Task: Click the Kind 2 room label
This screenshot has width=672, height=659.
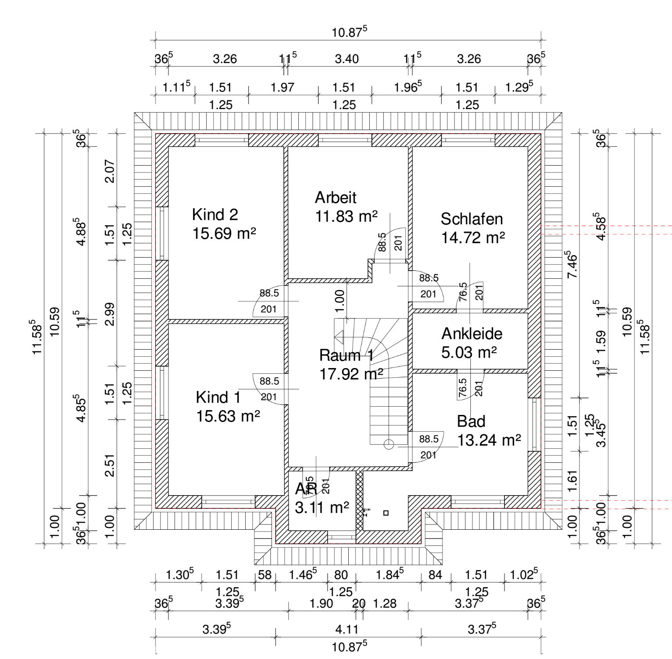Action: (x=215, y=215)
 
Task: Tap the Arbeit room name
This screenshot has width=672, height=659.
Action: (x=336, y=198)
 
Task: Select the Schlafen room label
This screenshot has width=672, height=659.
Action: (x=472, y=219)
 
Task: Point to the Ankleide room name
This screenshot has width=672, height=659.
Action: (x=472, y=334)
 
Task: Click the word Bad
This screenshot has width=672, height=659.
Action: (x=471, y=422)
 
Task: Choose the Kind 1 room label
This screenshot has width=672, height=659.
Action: (x=218, y=397)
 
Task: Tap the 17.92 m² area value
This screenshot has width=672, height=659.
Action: (x=351, y=374)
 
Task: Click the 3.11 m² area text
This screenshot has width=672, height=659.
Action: (x=322, y=508)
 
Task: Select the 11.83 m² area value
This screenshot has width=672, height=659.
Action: (x=347, y=216)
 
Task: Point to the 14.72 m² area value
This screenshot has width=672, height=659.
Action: (x=473, y=238)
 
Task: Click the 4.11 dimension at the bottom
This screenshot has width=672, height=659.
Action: (x=347, y=630)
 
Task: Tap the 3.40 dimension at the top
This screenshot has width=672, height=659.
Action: (x=347, y=59)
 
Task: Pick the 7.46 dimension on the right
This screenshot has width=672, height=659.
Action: (x=572, y=265)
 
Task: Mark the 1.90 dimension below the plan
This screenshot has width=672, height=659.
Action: (x=321, y=604)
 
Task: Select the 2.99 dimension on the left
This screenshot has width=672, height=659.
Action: (x=110, y=314)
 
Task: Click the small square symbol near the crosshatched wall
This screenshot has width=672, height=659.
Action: (x=386, y=513)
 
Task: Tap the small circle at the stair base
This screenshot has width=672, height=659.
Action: (x=389, y=444)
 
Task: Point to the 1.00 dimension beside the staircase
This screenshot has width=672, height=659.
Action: (x=340, y=301)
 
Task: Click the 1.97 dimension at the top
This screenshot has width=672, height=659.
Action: (x=282, y=88)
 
